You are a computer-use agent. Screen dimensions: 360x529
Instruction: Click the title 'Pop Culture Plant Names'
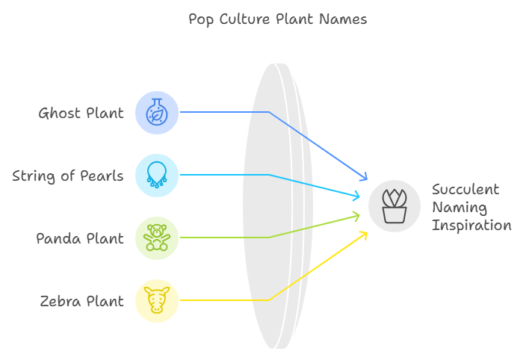pyautogui.click(x=278, y=19)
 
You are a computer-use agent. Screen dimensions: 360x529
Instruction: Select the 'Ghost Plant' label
pyautogui.click(x=81, y=114)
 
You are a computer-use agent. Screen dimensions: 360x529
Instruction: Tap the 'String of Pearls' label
pyautogui.click(x=68, y=176)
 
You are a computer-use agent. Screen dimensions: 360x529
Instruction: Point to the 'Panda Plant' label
pyautogui.click(x=80, y=239)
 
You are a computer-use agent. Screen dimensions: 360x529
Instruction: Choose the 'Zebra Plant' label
pyautogui.click(x=81, y=302)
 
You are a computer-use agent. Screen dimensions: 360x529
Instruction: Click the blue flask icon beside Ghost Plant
pyautogui.click(x=157, y=113)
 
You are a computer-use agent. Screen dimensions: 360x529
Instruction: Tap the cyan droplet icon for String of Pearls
pyautogui.click(x=157, y=176)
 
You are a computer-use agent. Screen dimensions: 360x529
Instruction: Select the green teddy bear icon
pyautogui.click(x=157, y=238)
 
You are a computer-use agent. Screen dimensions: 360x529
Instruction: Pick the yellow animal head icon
pyautogui.click(x=157, y=301)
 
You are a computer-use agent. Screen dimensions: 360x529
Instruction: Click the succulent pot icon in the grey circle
pyautogui.click(x=395, y=206)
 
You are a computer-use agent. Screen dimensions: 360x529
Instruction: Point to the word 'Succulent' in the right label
pyautogui.click(x=465, y=189)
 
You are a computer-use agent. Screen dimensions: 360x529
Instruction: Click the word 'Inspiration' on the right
pyautogui.click(x=471, y=226)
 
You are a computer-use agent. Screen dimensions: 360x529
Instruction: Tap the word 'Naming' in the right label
pyautogui.click(x=460, y=208)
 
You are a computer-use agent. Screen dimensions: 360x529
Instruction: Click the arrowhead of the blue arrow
pyautogui.click(x=365, y=178)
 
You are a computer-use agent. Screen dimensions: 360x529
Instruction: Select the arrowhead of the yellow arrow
pyautogui.click(x=364, y=234)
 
